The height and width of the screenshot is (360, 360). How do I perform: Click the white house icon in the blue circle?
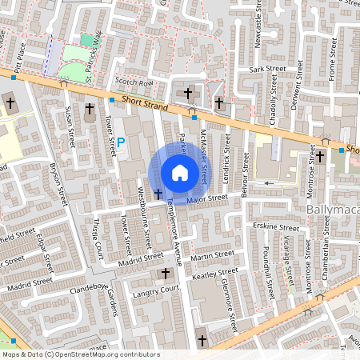point(179,172)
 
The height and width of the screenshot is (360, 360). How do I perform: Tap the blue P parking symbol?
point(121,142)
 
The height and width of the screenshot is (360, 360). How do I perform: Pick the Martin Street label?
point(214,255)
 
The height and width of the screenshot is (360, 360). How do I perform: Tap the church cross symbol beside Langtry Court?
point(167,274)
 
